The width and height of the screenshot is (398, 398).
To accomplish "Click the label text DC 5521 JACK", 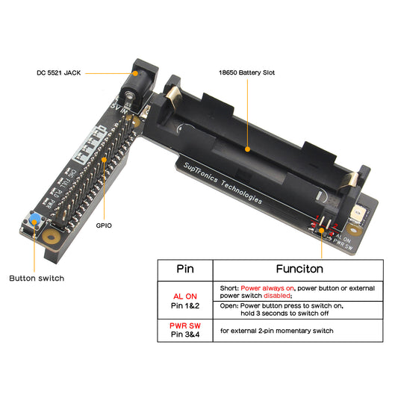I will point(59,72).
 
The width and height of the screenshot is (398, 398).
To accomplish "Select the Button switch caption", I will point(36,279).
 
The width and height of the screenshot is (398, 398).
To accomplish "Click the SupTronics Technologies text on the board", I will point(223,181).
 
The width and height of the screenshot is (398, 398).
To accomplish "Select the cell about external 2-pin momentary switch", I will point(278,330).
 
